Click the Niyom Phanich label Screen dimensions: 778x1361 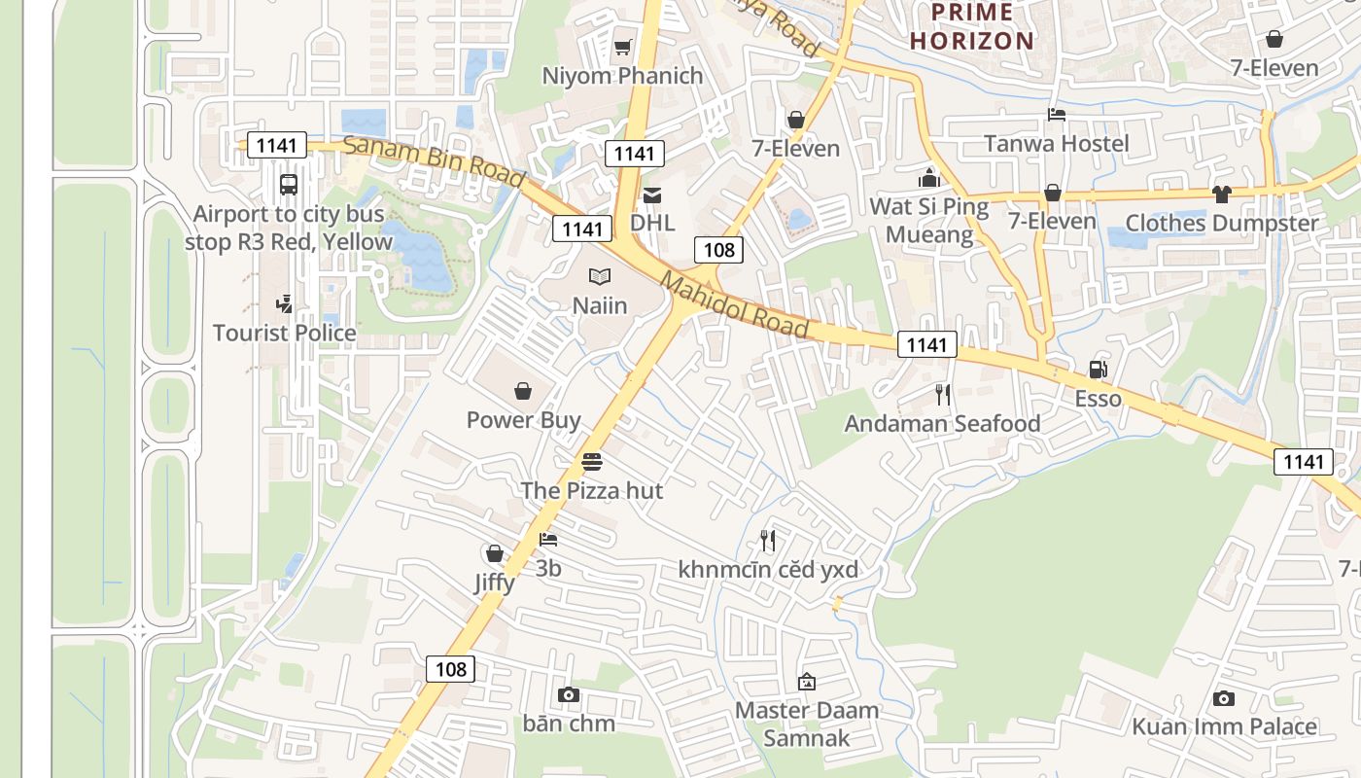tap(622, 76)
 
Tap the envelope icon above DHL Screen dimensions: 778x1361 tap(652, 195)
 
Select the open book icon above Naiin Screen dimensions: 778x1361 tap(600, 277)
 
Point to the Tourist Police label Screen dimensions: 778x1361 tap(285, 333)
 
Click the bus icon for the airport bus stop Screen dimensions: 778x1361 tap(289, 184)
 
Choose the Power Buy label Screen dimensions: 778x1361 tap(523, 420)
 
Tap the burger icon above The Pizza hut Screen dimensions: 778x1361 tap(591, 462)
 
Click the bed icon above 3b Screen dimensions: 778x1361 tap(548, 540)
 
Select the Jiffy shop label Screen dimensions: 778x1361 tap(495, 583)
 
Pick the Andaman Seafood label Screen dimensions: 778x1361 tap(942, 423)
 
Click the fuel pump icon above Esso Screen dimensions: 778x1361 tap(1098, 370)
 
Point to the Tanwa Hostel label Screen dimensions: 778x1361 tap(1056, 144)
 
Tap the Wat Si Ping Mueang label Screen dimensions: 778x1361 tap(928, 221)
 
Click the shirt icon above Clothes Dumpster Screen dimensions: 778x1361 tap(1222, 194)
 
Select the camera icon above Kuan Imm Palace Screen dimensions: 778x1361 tap(1224, 698)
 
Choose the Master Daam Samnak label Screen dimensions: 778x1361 tap(806, 724)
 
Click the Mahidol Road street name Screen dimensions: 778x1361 tap(735, 305)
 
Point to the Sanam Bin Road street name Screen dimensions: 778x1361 tap(435, 162)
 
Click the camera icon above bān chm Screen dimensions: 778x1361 tap(569, 694)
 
